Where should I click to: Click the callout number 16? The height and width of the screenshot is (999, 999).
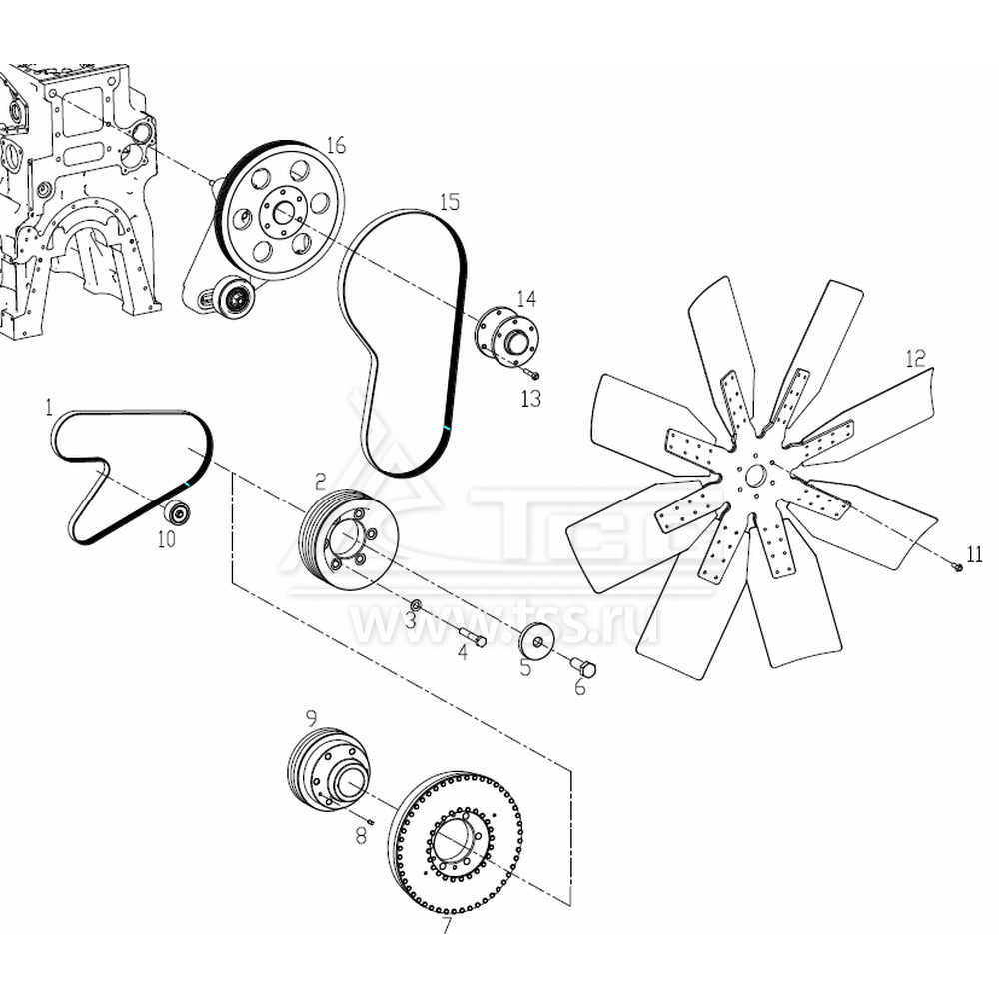click(335, 145)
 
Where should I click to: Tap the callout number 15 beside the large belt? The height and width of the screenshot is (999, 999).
click(450, 202)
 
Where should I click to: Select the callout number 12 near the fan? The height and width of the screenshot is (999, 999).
click(915, 358)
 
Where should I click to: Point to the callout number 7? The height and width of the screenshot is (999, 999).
click(447, 925)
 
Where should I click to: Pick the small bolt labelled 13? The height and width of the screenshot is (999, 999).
click(532, 374)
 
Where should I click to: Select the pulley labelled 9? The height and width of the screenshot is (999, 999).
click(328, 767)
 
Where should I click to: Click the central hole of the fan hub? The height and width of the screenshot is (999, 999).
click(755, 476)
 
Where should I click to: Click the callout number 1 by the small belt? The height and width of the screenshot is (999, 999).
click(48, 407)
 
